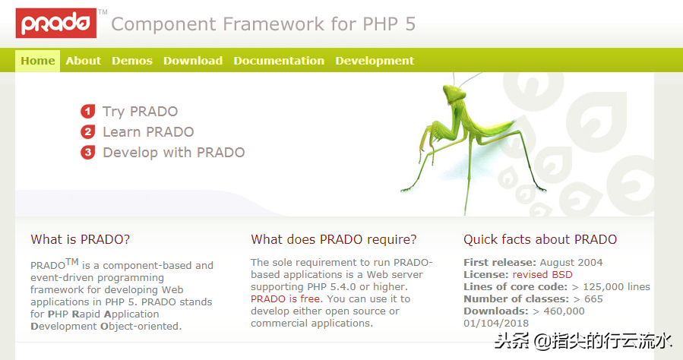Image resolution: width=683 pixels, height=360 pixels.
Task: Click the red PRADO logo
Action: pos(56,23)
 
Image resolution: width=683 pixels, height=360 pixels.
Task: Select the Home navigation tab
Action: pos(38,61)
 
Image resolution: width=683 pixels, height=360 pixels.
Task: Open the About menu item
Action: pos(84,61)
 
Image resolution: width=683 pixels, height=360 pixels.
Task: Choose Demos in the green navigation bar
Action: pos(132,61)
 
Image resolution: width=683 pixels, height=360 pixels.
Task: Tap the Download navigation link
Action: pos(193,61)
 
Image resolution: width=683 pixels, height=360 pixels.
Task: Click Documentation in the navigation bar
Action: pos(279,61)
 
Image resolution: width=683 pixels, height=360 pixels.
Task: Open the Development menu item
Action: pos(375,61)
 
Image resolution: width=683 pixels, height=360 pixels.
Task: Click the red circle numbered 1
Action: pos(87,112)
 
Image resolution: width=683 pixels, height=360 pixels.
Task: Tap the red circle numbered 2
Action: pos(87,132)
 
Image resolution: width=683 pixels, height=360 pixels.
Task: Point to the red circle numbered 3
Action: pos(87,153)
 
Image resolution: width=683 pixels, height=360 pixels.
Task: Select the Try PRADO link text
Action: pos(141,112)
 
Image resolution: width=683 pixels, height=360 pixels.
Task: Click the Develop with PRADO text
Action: pos(174,153)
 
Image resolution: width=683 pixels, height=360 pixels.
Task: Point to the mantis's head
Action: pos(453,93)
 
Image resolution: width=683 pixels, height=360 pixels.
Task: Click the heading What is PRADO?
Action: pos(80,239)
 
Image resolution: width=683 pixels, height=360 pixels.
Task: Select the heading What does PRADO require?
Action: pos(334,239)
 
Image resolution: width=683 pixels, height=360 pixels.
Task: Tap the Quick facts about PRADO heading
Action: pos(540,239)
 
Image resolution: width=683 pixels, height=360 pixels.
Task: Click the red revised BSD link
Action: pos(542,275)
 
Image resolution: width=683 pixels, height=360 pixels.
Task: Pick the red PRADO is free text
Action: pos(286,299)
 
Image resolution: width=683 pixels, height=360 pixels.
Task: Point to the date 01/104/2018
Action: pos(496,324)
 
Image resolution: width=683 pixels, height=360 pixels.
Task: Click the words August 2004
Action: pos(571,263)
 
